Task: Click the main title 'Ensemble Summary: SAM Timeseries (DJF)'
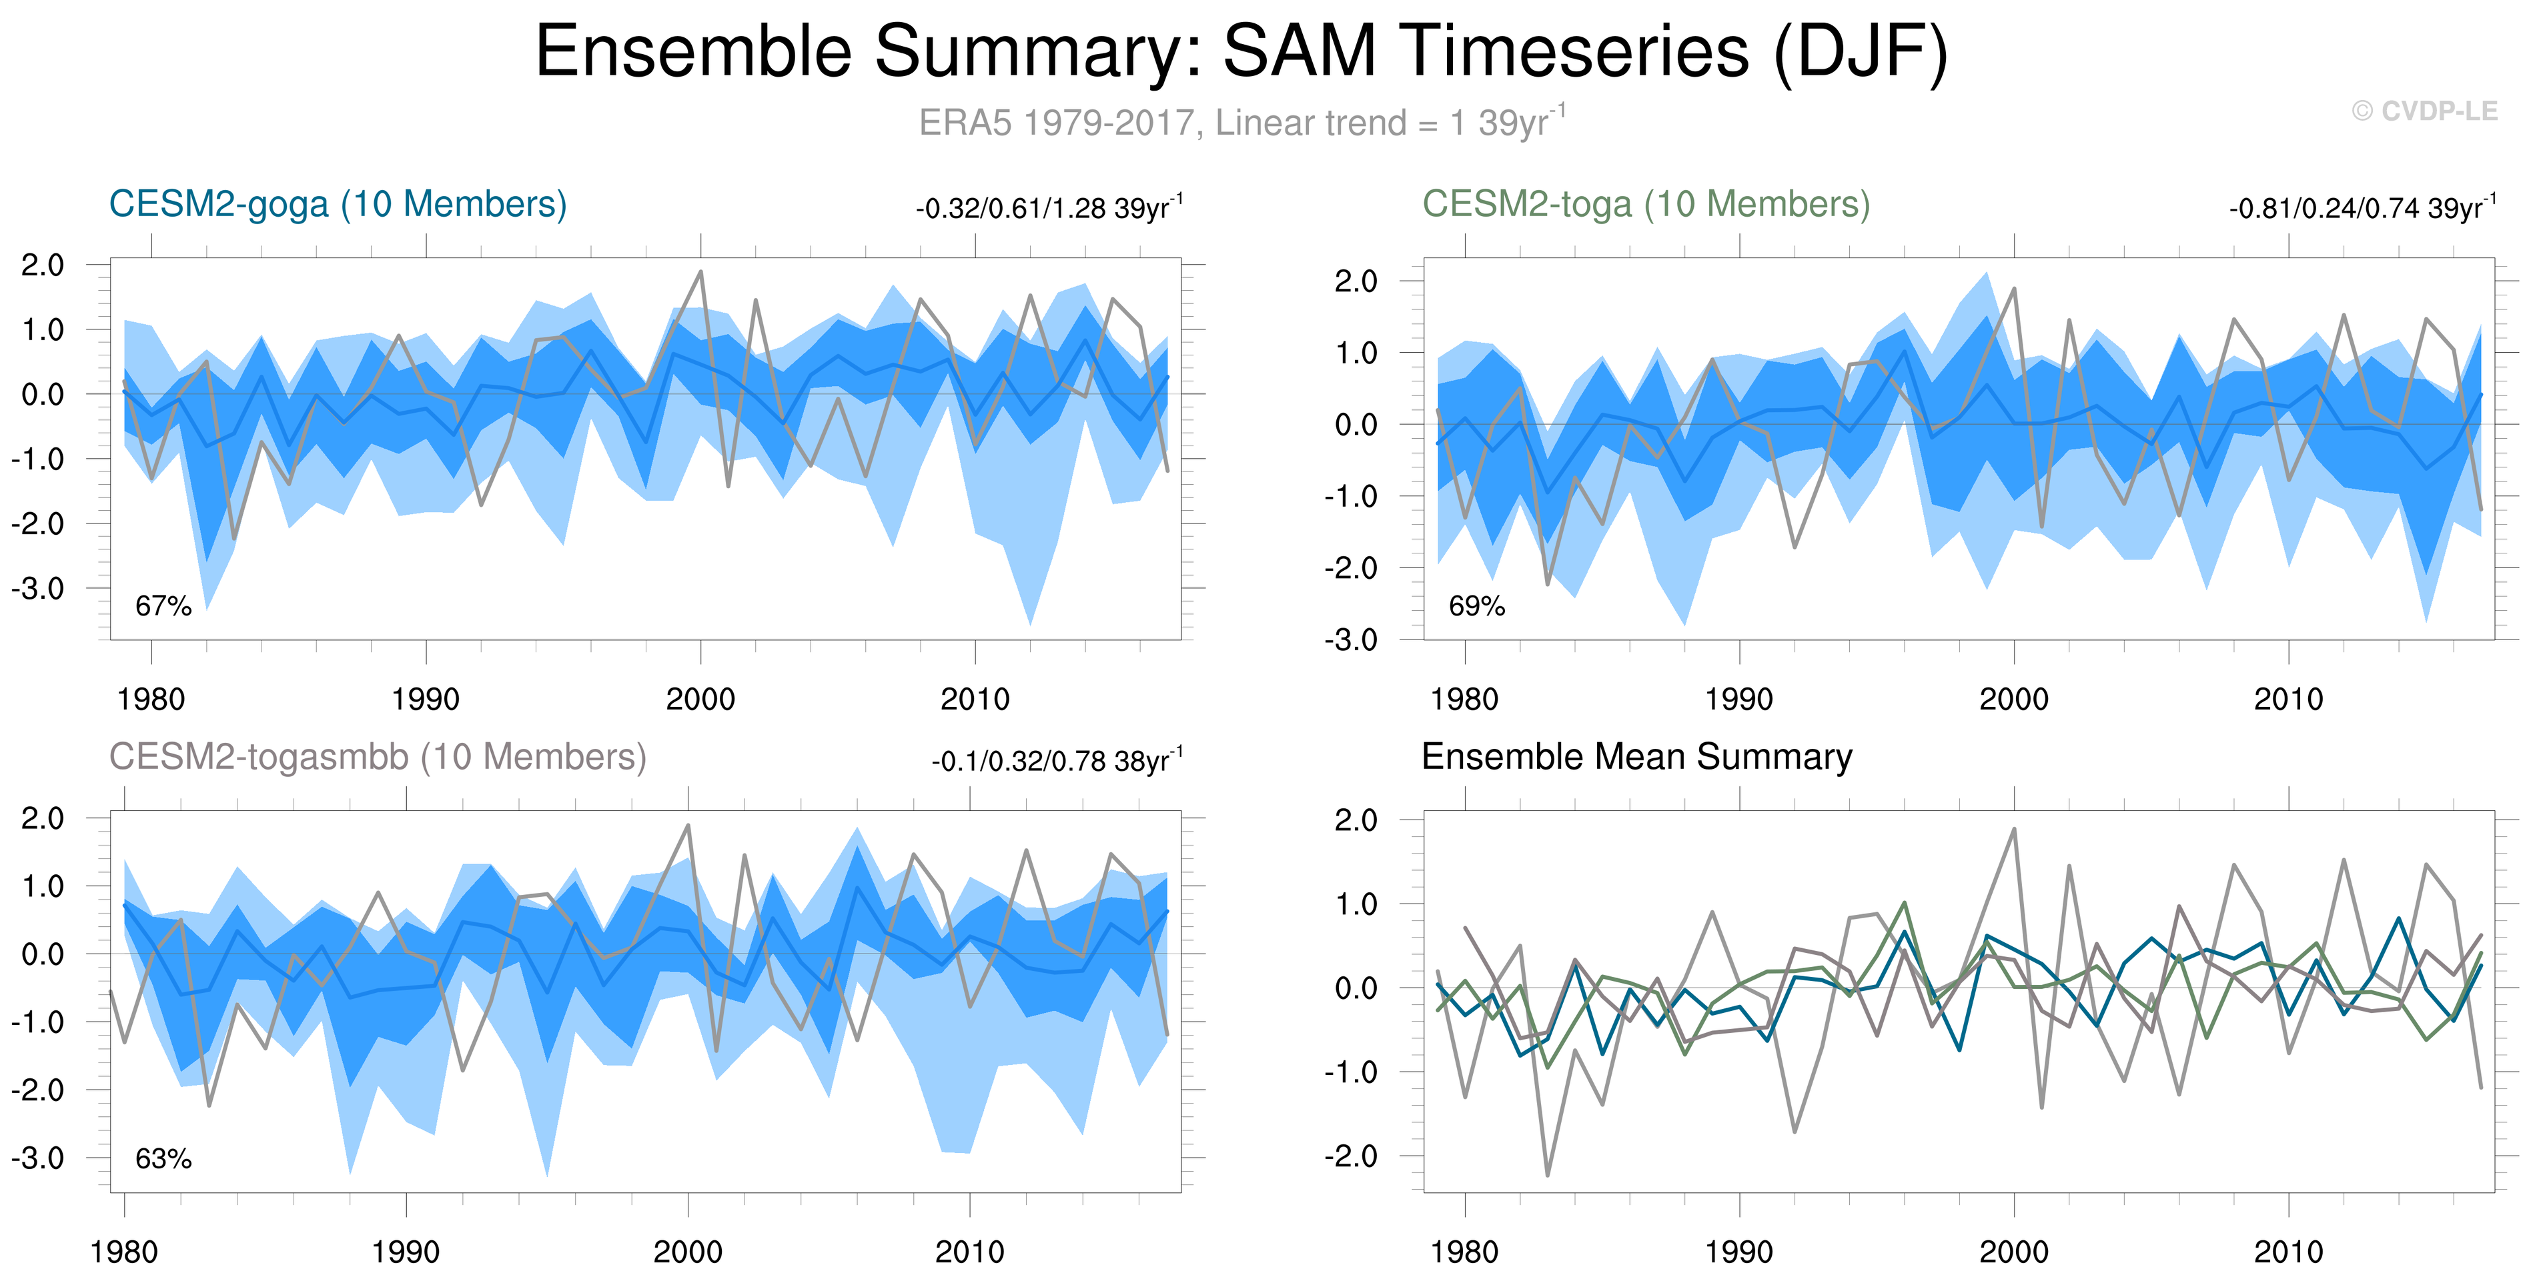(x=1240, y=51)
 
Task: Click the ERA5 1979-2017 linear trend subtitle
(x=1240, y=123)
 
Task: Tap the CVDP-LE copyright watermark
(x=2424, y=111)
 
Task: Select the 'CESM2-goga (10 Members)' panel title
(x=338, y=204)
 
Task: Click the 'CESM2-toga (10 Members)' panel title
(x=1646, y=204)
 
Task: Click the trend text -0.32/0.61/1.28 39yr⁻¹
(x=1049, y=208)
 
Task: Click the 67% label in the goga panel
(x=163, y=606)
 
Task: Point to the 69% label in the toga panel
(x=1477, y=606)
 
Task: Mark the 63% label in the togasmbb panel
(x=163, y=1159)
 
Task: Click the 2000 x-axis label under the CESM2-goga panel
(x=700, y=700)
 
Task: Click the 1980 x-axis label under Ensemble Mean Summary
(x=1464, y=1252)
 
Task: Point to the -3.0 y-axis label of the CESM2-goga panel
(x=37, y=588)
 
